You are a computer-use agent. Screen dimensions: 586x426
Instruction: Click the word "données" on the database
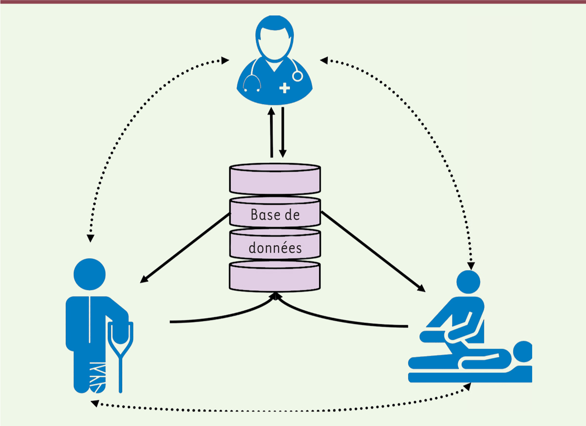point(275,247)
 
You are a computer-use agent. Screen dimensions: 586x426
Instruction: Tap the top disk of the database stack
point(275,179)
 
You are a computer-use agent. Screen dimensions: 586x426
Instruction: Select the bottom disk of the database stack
point(275,277)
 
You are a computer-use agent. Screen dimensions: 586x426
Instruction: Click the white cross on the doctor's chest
point(285,88)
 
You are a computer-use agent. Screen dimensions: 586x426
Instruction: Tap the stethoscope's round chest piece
point(297,76)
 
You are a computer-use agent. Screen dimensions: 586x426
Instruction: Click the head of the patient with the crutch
point(89,274)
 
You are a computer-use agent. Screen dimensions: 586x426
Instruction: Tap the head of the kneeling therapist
point(468,282)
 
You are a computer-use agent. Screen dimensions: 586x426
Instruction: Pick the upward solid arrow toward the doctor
point(272,132)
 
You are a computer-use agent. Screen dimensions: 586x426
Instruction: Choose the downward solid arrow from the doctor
point(283,132)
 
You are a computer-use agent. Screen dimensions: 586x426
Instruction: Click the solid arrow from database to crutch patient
point(185,248)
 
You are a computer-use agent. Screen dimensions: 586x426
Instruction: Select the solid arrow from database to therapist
point(373,251)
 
